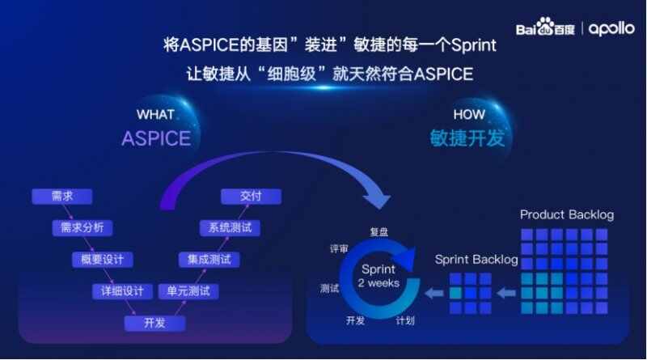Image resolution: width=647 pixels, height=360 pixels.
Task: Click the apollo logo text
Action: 611,29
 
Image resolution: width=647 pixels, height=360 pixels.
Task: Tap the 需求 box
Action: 62,196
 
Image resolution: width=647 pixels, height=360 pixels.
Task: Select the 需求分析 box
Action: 82,227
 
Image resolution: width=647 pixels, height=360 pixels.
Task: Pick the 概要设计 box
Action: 103,260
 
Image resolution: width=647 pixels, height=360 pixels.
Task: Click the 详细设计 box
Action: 122,291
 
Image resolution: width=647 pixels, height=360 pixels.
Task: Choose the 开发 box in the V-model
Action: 154,323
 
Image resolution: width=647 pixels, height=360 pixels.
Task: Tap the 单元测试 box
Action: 188,291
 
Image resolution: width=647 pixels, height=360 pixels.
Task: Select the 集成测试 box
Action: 209,260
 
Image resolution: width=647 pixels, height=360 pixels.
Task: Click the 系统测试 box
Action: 230,227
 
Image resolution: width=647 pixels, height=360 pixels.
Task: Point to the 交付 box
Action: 251,196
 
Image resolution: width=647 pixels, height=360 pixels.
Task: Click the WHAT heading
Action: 155,114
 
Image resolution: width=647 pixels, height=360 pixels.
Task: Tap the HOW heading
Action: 469,114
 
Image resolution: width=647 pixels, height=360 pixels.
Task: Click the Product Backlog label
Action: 567,214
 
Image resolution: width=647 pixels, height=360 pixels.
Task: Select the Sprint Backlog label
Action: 476,259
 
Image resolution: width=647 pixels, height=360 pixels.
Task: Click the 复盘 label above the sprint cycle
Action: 378,232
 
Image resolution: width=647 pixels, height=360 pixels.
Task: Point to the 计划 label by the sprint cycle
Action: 405,320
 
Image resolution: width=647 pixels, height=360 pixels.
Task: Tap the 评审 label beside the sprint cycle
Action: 339,248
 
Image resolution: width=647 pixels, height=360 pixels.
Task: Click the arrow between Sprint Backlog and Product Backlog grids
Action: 506,293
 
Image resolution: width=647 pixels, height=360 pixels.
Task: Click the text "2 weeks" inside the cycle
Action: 378,283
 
